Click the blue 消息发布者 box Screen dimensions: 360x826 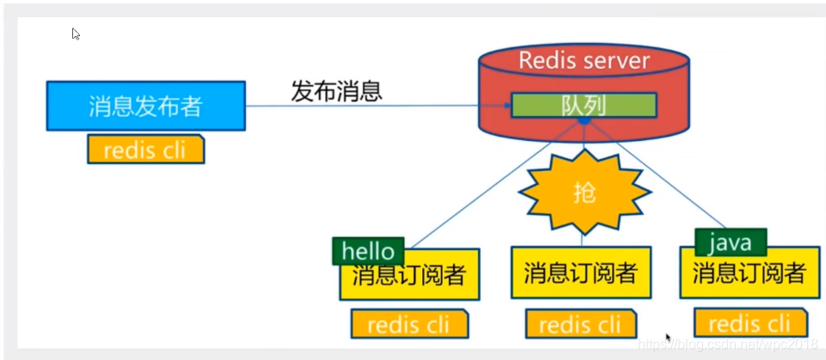(145, 106)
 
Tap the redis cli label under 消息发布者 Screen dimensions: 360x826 (146, 149)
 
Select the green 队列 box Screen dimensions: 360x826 (584, 105)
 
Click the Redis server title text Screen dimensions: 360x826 (584, 61)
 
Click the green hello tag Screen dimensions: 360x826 (368, 251)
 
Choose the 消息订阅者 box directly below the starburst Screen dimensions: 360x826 (581, 273)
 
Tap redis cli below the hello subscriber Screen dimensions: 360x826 (409, 325)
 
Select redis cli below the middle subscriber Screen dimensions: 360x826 (579, 324)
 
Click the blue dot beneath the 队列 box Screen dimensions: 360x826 (584, 122)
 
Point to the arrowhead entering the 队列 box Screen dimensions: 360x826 (507, 106)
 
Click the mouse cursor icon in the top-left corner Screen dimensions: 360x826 (76, 34)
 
